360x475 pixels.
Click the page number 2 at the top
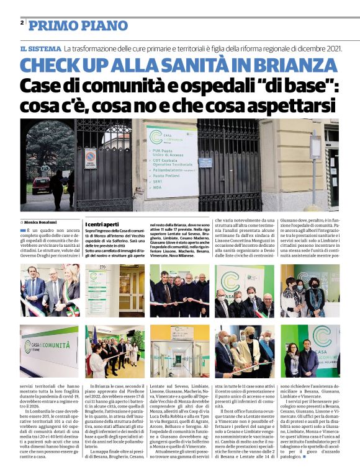(x=22, y=22)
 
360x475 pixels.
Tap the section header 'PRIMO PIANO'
(x=70, y=25)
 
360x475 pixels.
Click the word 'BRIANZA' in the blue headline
(x=291, y=66)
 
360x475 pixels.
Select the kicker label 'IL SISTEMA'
(x=40, y=48)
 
